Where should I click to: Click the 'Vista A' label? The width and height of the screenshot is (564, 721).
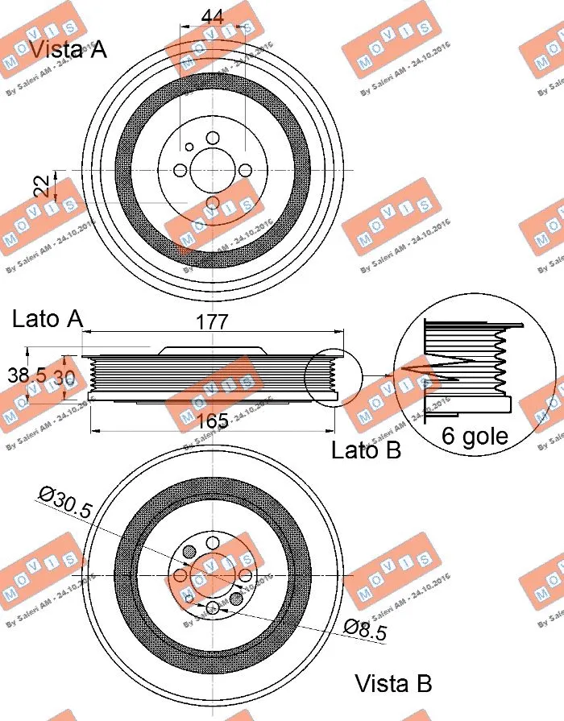(68, 49)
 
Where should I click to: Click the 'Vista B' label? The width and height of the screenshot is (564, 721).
(393, 684)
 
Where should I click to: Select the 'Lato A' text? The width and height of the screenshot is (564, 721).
(48, 319)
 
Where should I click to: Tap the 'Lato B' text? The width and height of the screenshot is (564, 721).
(366, 450)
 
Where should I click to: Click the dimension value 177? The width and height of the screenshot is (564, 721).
(212, 321)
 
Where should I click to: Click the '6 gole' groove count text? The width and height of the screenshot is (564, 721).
(475, 436)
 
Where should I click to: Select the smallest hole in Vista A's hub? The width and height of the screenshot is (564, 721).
(189, 147)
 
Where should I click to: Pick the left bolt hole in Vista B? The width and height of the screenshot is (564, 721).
(180, 576)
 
